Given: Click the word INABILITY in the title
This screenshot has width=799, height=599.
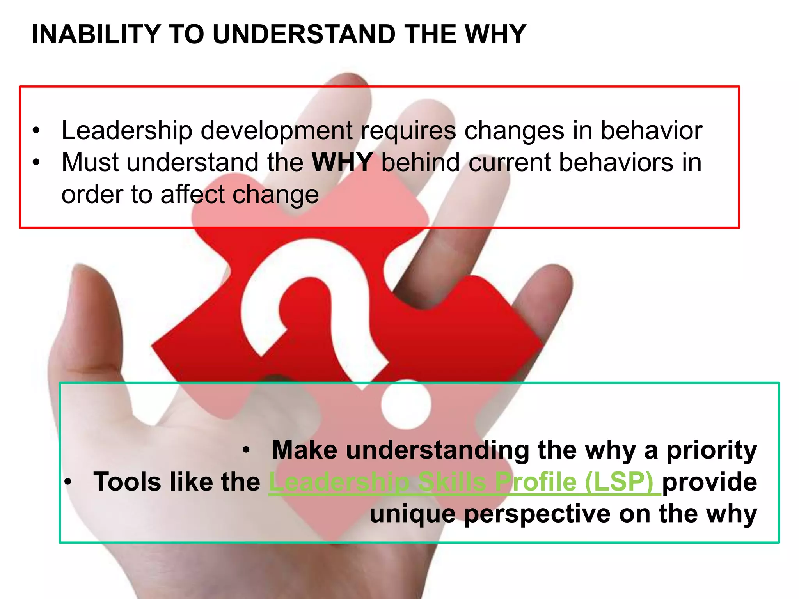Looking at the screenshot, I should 96,34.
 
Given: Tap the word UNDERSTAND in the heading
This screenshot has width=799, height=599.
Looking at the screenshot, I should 305,34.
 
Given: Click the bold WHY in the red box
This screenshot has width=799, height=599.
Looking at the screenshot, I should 342,162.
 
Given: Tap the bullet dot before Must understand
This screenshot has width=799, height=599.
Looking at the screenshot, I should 36,163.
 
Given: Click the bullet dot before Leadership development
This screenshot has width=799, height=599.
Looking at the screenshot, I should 36,131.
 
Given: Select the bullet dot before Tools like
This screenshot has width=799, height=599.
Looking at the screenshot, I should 68,482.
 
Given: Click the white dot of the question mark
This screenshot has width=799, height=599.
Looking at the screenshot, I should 406,406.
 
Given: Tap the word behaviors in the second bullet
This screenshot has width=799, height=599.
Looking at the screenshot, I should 616,162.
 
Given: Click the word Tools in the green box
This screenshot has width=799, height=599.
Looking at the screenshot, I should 127,482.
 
